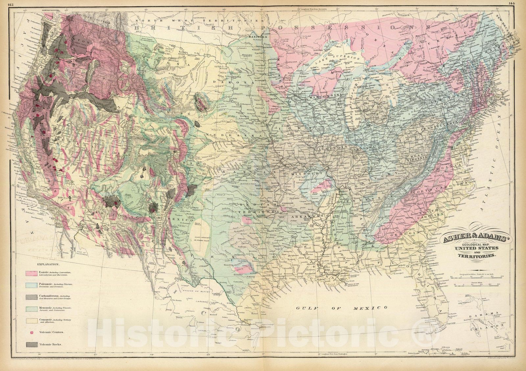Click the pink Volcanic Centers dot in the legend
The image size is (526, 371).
pyautogui.click(x=32, y=333)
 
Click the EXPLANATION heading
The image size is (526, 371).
pyautogui.click(x=48, y=264)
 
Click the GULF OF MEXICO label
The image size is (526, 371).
pyautogui.click(x=342, y=308)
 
